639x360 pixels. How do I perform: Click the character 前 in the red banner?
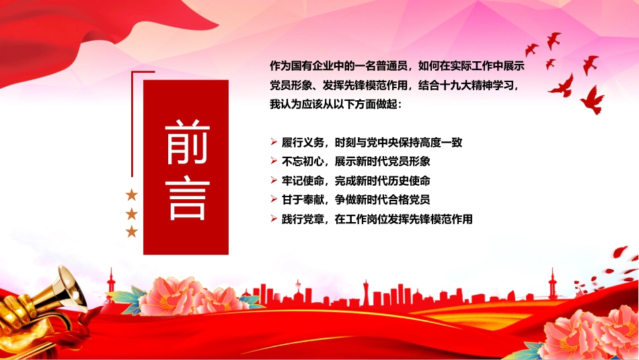pyautogui.click(x=187, y=141)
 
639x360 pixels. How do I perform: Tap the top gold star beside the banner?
pyautogui.click(x=132, y=195)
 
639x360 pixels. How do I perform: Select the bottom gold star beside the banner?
pyautogui.click(x=132, y=231)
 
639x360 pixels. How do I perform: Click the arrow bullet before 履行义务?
pyautogui.click(x=274, y=142)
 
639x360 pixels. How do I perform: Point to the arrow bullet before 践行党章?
pyautogui.click(x=274, y=219)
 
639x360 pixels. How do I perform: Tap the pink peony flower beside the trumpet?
pyautogui.click(x=188, y=296)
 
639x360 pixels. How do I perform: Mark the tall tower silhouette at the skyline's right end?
pyautogui.click(x=552, y=283)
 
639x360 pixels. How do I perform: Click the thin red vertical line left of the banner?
pyautogui.click(x=132, y=124)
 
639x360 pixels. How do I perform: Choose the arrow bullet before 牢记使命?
pyautogui.click(x=274, y=180)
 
